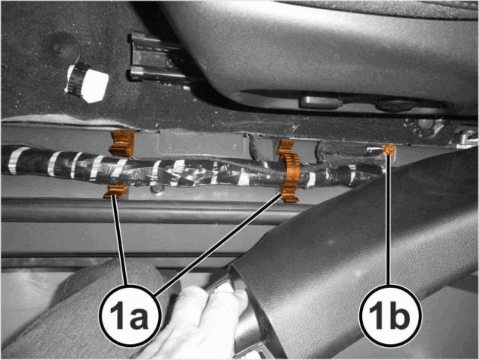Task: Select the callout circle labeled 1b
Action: (x=390, y=315)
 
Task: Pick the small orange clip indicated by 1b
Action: (x=389, y=150)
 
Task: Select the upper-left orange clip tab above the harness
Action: (x=122, y=143)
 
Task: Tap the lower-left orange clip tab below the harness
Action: (x=116, y=191)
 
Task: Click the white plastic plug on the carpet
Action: (x=88, y=82)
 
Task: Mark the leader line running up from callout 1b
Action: (x=389, y=219)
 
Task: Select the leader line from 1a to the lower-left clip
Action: (x=119, y=241)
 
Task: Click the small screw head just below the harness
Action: (x=157, y=189)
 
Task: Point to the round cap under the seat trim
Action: (x=394, y=105)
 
